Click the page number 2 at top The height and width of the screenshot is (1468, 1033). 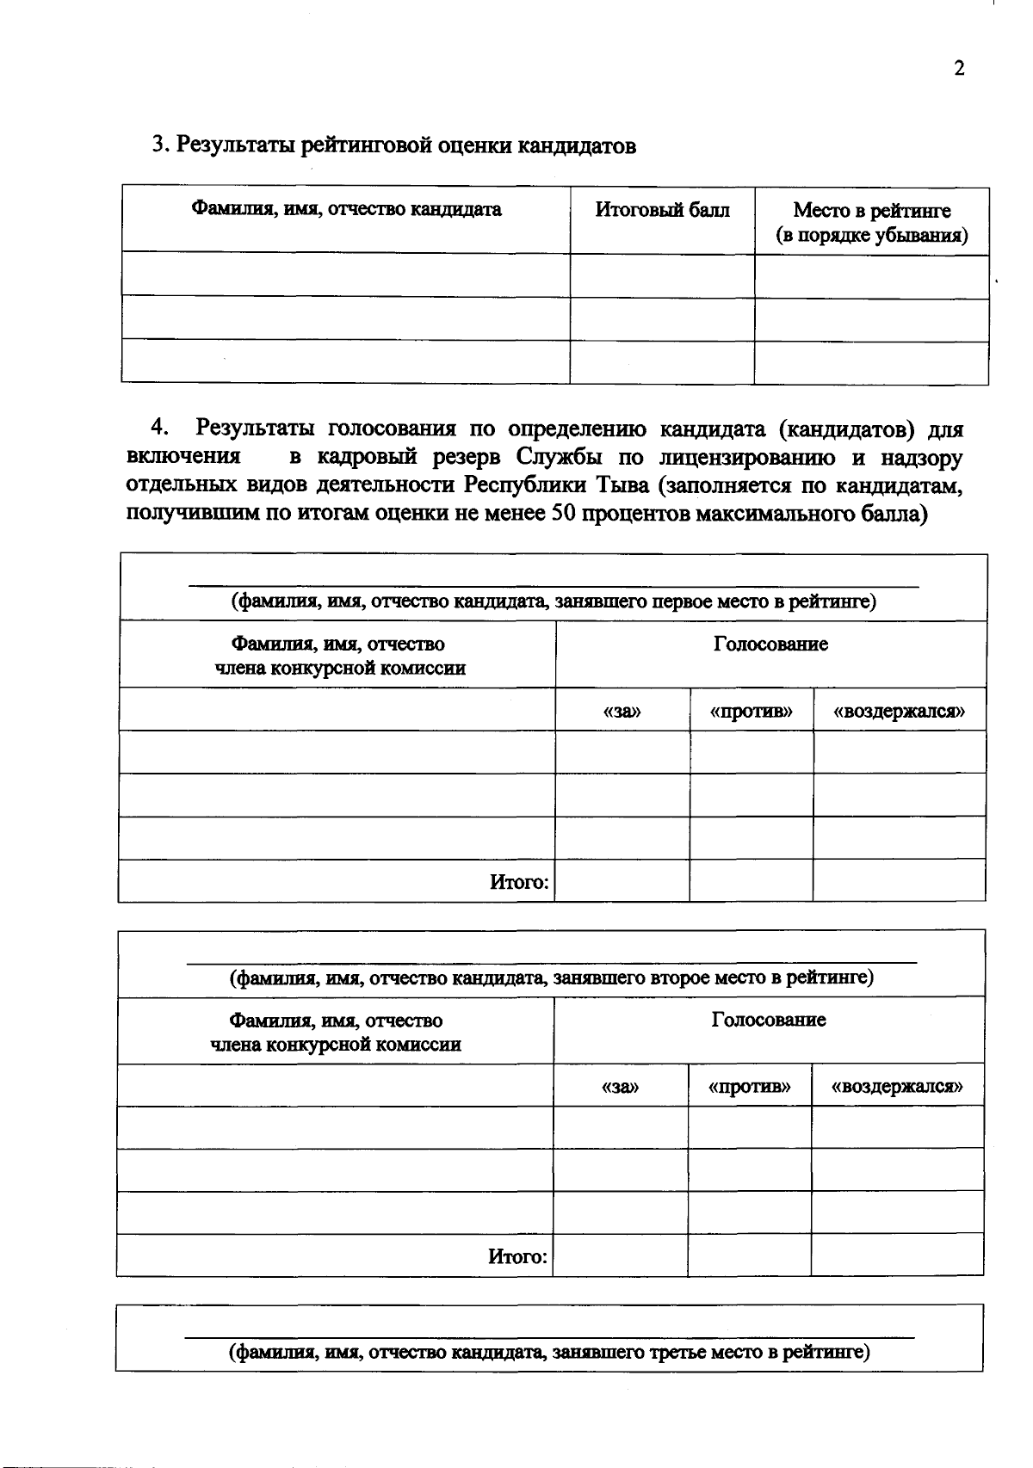coord(959,70)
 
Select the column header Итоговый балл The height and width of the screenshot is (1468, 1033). coord(662,210)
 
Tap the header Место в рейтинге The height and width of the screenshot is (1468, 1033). coord(871,211)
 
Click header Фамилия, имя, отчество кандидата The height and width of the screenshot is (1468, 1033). coord(346,209)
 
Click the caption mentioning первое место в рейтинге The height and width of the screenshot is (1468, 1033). coord(553,601)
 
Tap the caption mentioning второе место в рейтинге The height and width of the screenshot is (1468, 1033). coord(551,978)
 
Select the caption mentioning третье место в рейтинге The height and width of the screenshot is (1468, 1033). coord(549,1352)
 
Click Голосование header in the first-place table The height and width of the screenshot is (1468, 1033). coord(770,645)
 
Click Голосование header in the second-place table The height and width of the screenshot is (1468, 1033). coord(769,1021)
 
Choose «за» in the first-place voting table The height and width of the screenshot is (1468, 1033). coord(622,712)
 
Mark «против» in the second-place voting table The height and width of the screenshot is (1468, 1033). coord(749,1087)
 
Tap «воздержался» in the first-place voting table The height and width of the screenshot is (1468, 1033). coord(900,712)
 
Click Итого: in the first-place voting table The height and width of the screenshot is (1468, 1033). coord(519,882)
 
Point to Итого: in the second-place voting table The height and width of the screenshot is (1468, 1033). coord(517,1257)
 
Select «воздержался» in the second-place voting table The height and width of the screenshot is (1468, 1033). coord(897,1087)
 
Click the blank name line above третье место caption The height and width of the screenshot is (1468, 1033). coord(549,1336)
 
